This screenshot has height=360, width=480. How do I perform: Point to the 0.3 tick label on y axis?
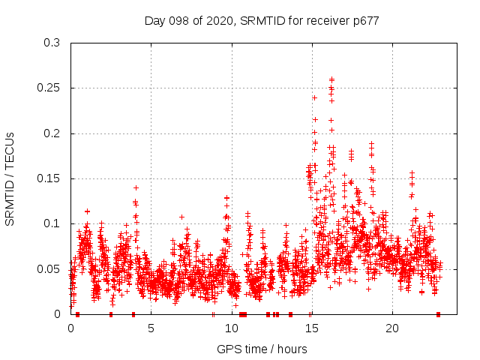(52, 43)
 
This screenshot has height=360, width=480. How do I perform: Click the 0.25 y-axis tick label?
(49, 88)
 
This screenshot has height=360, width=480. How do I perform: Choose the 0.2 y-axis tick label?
(52, 133)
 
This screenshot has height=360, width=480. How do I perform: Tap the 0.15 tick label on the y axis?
(49, 178)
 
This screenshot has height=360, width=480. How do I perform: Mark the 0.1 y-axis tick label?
(52, 223)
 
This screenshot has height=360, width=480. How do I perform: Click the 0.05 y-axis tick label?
(49, 268)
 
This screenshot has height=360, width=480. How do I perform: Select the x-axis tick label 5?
(151, 328)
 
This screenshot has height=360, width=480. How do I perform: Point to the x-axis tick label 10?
(231, 328)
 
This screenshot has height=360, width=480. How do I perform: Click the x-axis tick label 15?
(311, 328)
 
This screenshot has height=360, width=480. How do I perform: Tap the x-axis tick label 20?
(391, 328)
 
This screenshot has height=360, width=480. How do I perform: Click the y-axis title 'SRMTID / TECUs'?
(10, 178)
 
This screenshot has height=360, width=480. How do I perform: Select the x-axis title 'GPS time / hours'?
(262, 349)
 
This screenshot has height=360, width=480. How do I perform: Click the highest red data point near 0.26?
(331, 78)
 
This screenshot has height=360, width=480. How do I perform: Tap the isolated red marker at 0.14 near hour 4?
(136, 187)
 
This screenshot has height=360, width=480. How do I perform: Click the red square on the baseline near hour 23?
(438, 313)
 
